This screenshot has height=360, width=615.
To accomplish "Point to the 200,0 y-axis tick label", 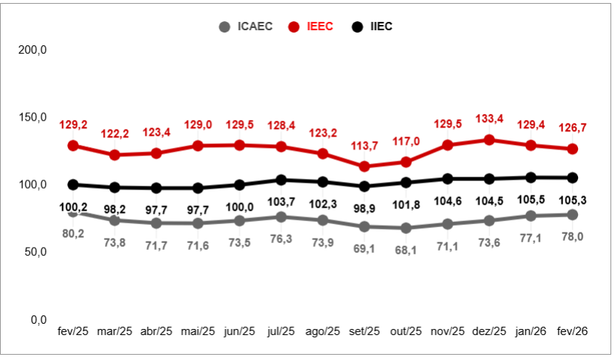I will (32, 50).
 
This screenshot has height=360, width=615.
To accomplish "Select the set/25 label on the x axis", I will (364, 332).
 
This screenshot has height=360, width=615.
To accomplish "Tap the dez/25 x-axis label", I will (489, 332).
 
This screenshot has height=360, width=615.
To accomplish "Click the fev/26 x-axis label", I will (573, 332).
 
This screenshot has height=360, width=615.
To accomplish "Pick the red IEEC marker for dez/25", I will (489, 140).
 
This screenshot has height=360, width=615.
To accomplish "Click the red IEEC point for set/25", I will (364, 166).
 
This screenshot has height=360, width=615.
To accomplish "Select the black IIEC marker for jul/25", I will (281, 180).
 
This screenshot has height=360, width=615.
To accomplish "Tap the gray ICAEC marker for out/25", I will (406, 228).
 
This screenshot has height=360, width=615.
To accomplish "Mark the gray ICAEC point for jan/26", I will (531, 216).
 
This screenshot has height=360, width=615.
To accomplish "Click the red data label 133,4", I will (489, 118).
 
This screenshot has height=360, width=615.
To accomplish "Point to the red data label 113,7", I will (364, 146).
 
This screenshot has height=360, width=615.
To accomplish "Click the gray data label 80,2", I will (73, 233).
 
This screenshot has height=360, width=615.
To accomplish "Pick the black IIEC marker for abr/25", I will (156, 188).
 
